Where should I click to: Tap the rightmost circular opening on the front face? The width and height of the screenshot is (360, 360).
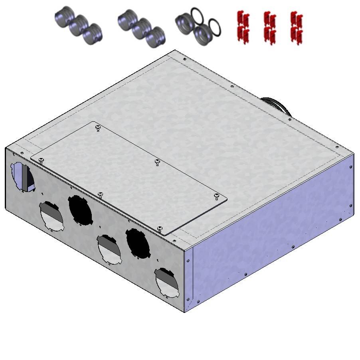coord(167,282)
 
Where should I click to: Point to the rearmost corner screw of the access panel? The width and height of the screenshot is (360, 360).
coord(98,128)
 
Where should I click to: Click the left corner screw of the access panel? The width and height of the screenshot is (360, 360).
coord(41,160)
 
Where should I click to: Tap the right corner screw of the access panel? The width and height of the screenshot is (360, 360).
coord(216,196)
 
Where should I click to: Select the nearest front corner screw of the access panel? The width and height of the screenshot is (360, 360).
coord(160,228)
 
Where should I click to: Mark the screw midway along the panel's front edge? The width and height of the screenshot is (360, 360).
coord(100,194)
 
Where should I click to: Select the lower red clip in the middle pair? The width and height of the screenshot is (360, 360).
coord(269,34)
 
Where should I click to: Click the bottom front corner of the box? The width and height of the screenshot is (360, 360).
coord(185,312)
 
